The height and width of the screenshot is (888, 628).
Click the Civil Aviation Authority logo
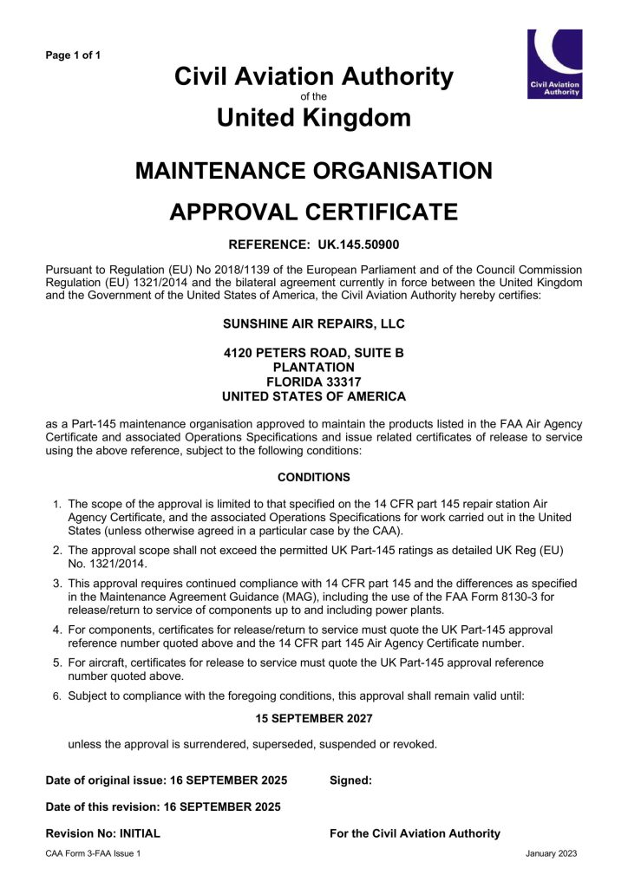[554, 63]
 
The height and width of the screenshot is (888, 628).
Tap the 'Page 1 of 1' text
[73, 55]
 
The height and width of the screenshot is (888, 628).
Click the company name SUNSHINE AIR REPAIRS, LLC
[314, 324]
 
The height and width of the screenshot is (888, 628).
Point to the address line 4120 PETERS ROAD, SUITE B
[314, 353]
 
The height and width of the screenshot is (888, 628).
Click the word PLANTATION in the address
[314, 367]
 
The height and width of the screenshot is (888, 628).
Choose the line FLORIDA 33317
[314, 382]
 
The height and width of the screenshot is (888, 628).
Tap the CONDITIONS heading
[314, 477]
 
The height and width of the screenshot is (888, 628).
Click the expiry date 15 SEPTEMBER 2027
[314, 718]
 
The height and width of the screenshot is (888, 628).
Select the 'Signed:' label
[350, 780]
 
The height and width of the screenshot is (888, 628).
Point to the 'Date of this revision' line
[163, 806]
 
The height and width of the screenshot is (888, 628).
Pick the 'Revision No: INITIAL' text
[103, 833]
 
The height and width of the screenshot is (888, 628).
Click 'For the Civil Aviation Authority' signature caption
[415, 833]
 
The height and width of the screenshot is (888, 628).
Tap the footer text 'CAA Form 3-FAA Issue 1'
[93, 854]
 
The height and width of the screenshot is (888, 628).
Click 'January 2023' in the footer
[552, 854]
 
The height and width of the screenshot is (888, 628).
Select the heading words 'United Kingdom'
[314, 117]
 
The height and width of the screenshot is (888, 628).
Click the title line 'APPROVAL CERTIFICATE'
[314, 211]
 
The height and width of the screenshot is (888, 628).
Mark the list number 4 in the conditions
[56, 630]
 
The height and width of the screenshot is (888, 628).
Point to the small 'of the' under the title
[314, 97]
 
